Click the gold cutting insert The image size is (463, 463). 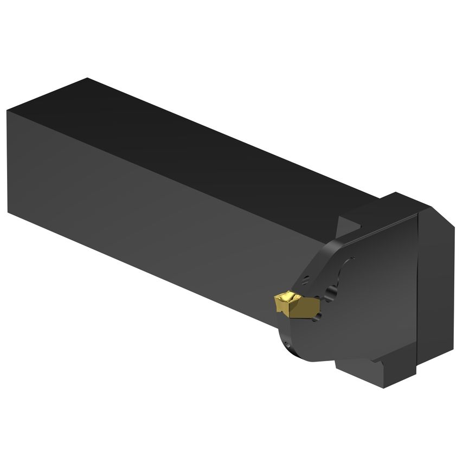point(289,305)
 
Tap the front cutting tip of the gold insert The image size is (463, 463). point(275,297)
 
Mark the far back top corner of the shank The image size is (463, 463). point(87,79)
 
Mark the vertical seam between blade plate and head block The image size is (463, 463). point(417,293)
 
